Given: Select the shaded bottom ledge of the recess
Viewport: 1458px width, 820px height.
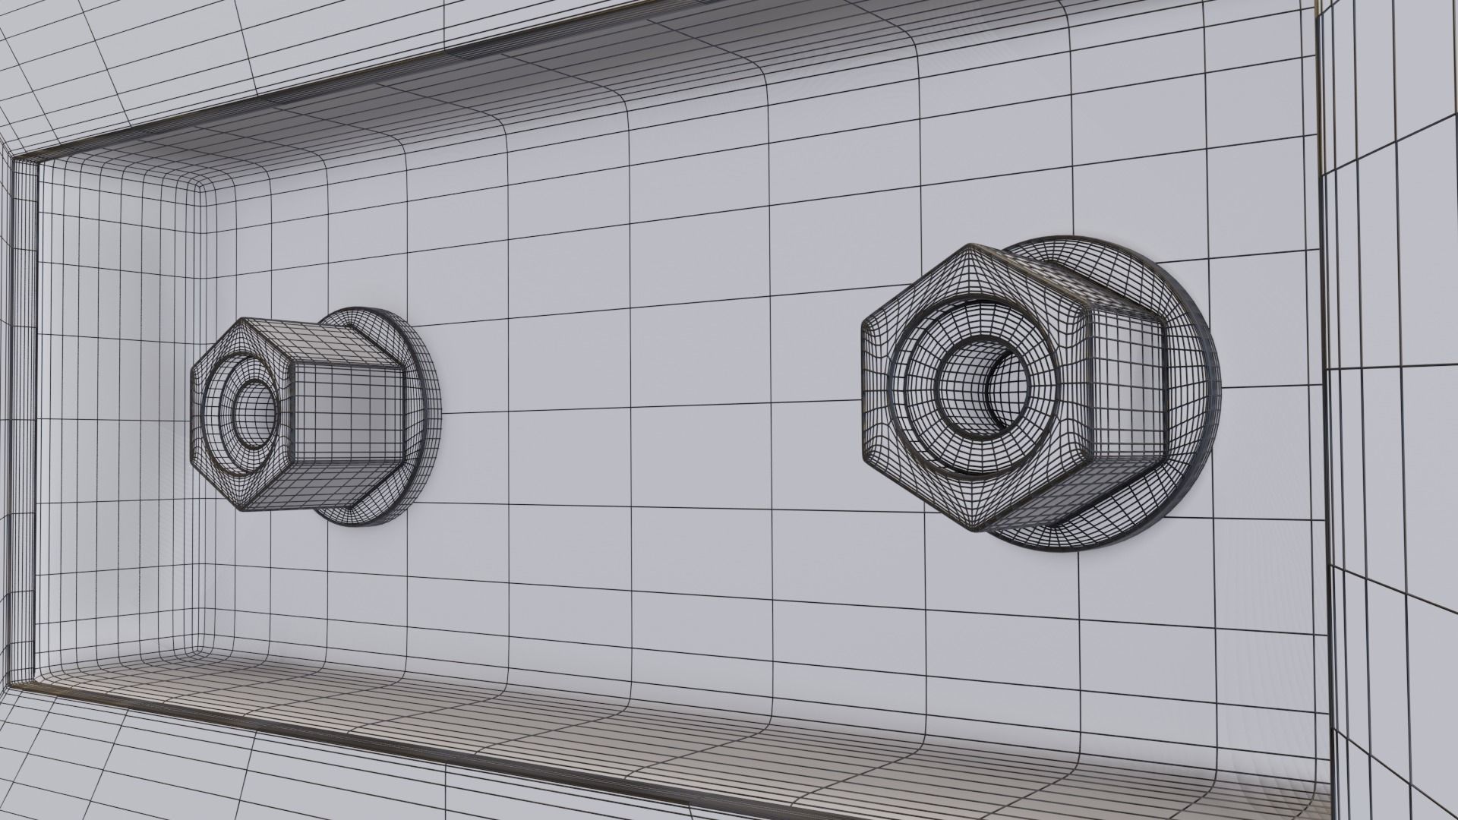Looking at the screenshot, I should (683, 721).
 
